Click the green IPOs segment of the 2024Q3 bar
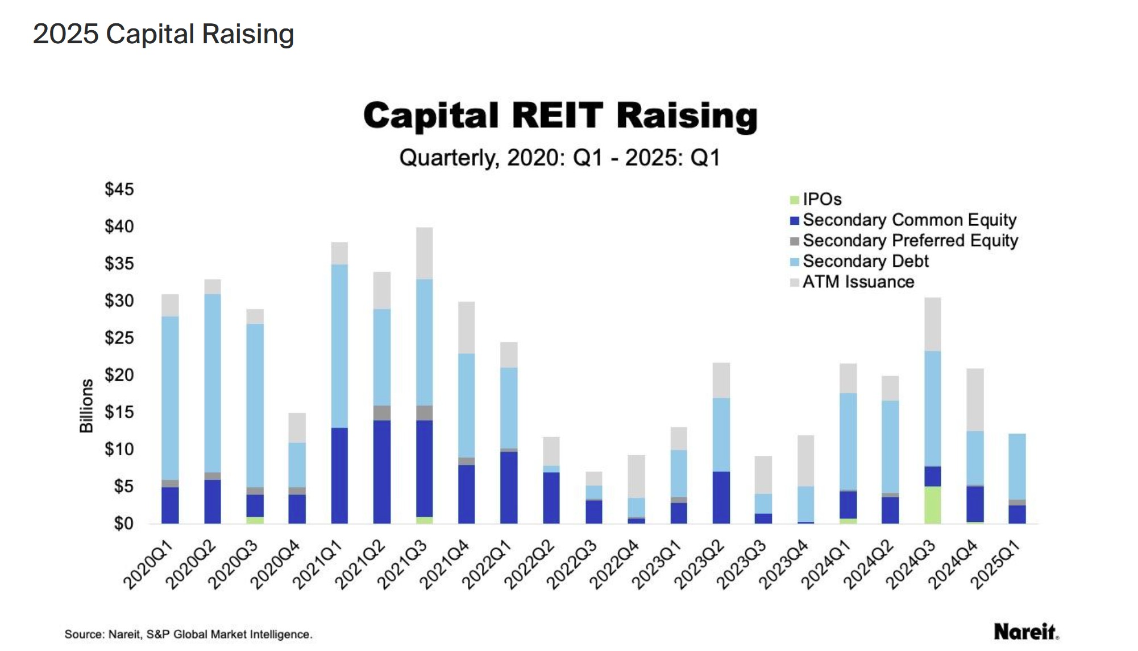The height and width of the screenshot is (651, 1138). coord(932,505)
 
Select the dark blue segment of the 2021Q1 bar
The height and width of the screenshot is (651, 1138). coord(339,475)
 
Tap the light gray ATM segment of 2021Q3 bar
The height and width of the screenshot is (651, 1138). coord(424,253)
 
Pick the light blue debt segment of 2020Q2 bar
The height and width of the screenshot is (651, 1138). coord(213,382)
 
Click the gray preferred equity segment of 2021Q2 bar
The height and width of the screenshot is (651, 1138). coord(382,413)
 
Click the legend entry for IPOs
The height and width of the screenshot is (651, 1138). coord(821,199)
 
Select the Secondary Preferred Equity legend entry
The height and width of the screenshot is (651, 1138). coord(909,241)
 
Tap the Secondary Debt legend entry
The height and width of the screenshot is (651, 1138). coord(865,261)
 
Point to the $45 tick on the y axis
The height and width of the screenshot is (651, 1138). coord(119,189)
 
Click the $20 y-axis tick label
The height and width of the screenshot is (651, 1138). coord(119,374)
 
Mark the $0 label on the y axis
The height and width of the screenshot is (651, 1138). coord(123,523)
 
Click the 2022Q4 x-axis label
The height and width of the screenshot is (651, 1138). coord(614,565)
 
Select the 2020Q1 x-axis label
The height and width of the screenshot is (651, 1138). coord(147,565)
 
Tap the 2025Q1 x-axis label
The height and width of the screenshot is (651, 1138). coord(995,565)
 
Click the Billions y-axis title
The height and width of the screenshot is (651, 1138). coord(86,405)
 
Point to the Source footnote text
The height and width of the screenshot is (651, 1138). coord(188,634)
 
